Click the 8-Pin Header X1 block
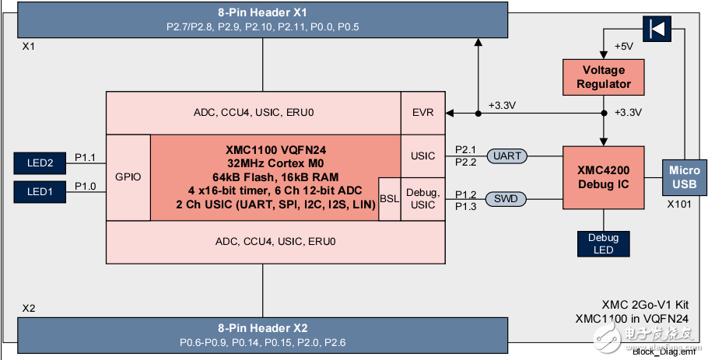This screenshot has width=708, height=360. tap(262, 19)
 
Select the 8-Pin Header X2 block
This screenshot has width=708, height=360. tap(262, 334)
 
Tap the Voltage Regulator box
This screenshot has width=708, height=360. tap(604, 77)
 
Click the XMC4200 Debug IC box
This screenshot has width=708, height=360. tap(604, 177)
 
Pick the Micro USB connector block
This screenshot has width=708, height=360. tap(684, 177)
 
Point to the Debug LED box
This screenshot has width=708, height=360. tap(603, 243)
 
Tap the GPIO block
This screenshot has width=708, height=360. tap(128, 177)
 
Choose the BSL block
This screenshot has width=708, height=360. tap(389, 199)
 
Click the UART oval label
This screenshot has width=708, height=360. tap(507, 156)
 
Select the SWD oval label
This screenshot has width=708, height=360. tap(507, 200)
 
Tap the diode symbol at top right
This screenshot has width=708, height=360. tap(657, 30)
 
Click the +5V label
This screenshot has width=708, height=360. tap(624, 47)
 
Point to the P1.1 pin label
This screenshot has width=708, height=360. tap(85, 158)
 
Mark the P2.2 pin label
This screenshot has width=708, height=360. tap(465, 162)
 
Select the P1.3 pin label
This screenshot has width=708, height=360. tap(465, 205)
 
